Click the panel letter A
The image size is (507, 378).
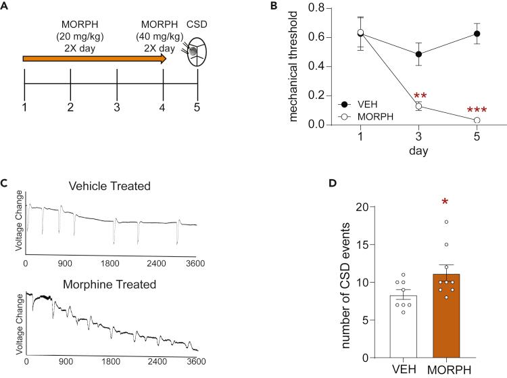6,5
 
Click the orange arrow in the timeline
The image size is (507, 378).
95,59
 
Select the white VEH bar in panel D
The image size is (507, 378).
399,325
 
